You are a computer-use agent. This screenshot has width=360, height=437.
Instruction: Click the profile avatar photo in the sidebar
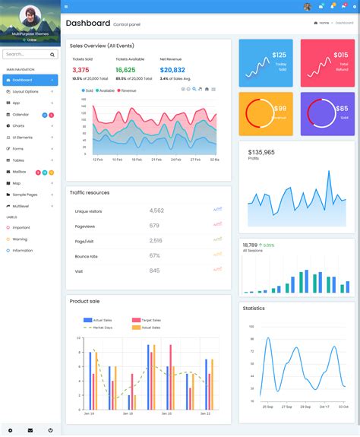(x=30, y=16)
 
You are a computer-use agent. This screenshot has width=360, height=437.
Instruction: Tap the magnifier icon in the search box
(x=52, y=55)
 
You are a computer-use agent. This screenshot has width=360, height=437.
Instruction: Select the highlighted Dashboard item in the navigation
(x=23, y=80)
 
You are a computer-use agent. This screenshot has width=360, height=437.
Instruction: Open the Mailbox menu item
(x=20, y=172)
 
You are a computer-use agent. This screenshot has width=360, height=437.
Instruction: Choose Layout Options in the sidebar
(x=25, y=91)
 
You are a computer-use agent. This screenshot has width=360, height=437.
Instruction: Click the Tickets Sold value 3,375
(x=81, y=70)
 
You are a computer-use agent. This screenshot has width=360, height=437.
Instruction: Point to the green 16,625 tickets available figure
(x=125, y=70)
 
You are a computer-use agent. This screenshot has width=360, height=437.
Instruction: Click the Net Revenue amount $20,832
(x=172, y=70)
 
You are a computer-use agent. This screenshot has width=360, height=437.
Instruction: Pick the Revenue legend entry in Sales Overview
(x=128, y=90)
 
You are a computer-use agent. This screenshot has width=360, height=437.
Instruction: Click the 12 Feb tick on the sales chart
(x=97, y=160)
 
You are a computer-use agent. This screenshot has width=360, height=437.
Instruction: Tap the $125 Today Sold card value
(x=279, y=55)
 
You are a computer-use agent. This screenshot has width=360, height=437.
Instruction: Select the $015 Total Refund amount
(x=341, y=55)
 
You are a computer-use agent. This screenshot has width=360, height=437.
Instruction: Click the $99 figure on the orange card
(x=279, y=109)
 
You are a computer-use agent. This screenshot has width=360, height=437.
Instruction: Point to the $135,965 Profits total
(x=261, y=152)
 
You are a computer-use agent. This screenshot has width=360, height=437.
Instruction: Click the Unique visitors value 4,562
(x=156, y=211)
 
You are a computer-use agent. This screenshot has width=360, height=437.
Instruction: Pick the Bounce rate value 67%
(x=154, y=255)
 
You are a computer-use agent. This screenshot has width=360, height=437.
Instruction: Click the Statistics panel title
(x=254, y=308)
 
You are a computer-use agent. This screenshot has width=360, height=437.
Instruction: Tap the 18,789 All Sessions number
(x=250, y=245)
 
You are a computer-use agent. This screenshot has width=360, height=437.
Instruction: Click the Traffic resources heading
(x=89, y=192)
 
